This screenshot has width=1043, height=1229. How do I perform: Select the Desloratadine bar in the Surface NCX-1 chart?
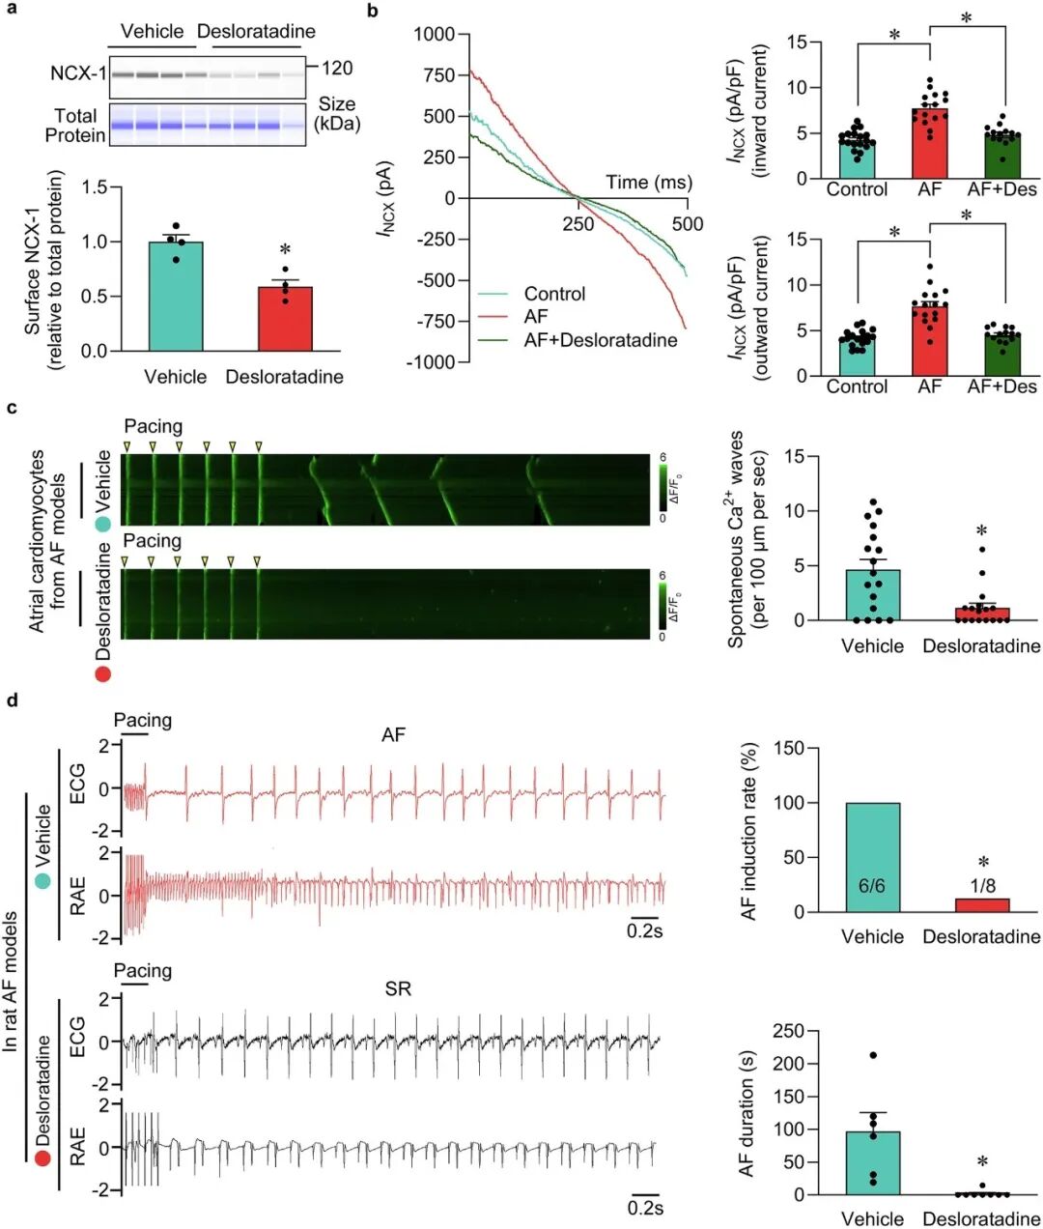[x=285, y=319]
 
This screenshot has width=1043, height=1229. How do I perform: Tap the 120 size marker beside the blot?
[x=337, y=68]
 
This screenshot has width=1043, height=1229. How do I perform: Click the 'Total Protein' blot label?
[x=75, y=125]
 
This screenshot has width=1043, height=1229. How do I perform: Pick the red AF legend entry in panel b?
[x=536, y=316]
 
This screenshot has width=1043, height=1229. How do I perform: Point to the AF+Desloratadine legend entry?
[x=600, y=339]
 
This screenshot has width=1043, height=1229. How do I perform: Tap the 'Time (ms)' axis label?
[x=649, y=183]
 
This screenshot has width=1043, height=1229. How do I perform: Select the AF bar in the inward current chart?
[x=929, y=144]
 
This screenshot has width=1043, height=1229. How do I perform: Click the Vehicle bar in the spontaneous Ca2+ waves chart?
[x=873, y=595]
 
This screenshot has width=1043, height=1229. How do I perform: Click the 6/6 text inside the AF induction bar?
[x=872, y=885]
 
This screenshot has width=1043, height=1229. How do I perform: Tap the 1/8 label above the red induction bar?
[x=982, y=886]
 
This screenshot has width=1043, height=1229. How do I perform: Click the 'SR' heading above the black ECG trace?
[x=398, y=988]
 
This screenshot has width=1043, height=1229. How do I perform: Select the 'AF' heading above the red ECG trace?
[x=393, y=735]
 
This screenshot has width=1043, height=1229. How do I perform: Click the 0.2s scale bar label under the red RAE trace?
[x=645, y=931]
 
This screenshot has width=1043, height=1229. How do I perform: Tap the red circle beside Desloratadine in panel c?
[x=102, y=672]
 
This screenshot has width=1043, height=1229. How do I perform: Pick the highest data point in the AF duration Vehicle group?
[x=873, y=1055]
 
